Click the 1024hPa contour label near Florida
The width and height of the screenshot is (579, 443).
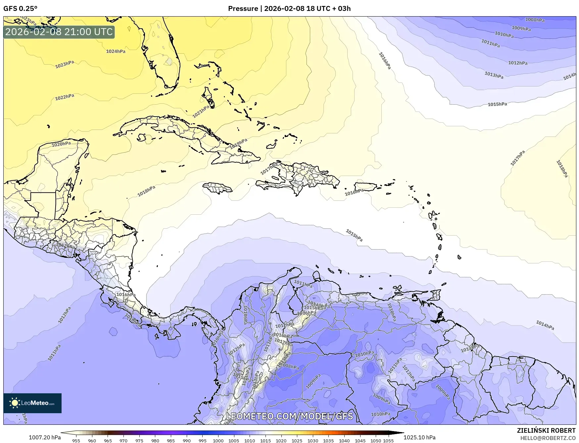pos(116,51)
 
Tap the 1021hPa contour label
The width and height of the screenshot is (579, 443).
pos(201,112)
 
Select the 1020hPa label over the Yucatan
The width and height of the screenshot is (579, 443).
pos(61,144)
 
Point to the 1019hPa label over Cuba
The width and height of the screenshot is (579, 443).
pos(239,143)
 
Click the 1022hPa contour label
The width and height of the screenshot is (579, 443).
pos(65,97)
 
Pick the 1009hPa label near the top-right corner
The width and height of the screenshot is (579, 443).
pos(521,28)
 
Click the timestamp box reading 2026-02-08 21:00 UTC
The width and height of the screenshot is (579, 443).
pos(59,32)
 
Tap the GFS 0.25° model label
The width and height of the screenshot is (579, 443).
pos(20,9)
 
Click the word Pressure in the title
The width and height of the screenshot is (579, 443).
pos(243,9)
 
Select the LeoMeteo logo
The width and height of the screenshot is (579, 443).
pos(32,403)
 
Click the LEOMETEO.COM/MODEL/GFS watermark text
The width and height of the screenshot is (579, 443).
pos(289,416)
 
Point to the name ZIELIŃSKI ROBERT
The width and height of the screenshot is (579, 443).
pos(546,430)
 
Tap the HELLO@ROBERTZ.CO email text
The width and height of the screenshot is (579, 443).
pos(548,438)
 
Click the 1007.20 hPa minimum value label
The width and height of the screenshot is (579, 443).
pos(45,437)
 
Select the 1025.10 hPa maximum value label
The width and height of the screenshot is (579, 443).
pos(419,437)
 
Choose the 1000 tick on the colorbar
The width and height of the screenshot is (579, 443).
pos(218,441)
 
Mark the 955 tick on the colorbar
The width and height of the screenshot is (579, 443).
pos(76,441)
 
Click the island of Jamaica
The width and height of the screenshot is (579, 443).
pos(217,188)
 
